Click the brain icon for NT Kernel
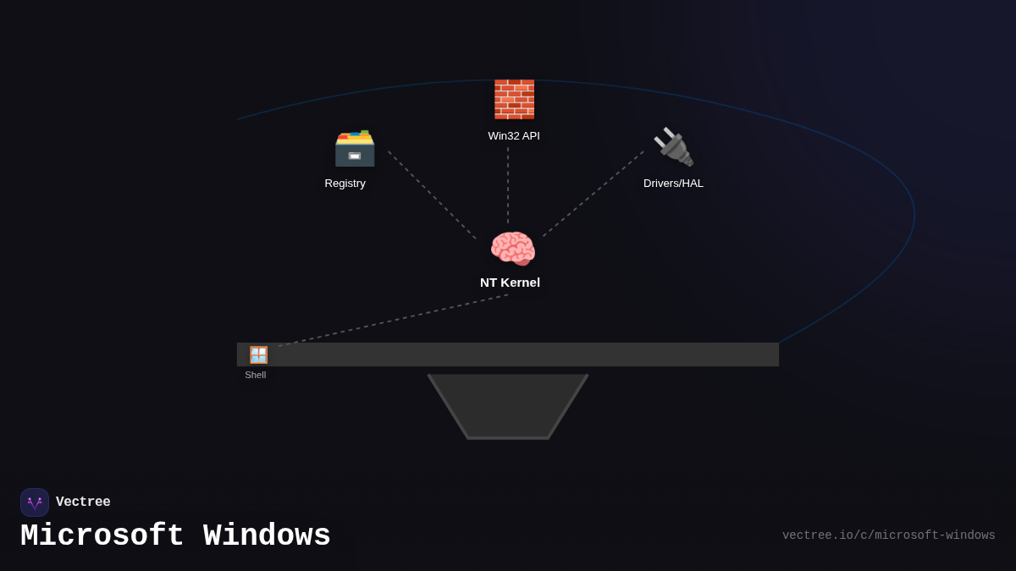pos(512,250)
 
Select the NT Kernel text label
pos(510,283)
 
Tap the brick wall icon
pos(514,100)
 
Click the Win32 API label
pos(514,136)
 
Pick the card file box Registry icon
pos(354,148)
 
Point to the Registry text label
pos(345,184)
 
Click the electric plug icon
pos(673,147)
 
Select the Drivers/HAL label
pos(673,184)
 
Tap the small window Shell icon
pos(258,355)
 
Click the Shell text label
pos(256,375)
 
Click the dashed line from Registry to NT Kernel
pos(432,195)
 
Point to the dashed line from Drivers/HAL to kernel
pos(593,195)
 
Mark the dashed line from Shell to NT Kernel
pos(394,320)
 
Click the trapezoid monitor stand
pos(508,406)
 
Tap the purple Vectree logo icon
pos(35,502)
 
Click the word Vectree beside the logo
pos(83,502)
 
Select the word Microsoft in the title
pos(102,536)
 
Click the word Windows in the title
pos(267,536)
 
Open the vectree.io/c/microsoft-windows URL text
pos(888,535)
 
